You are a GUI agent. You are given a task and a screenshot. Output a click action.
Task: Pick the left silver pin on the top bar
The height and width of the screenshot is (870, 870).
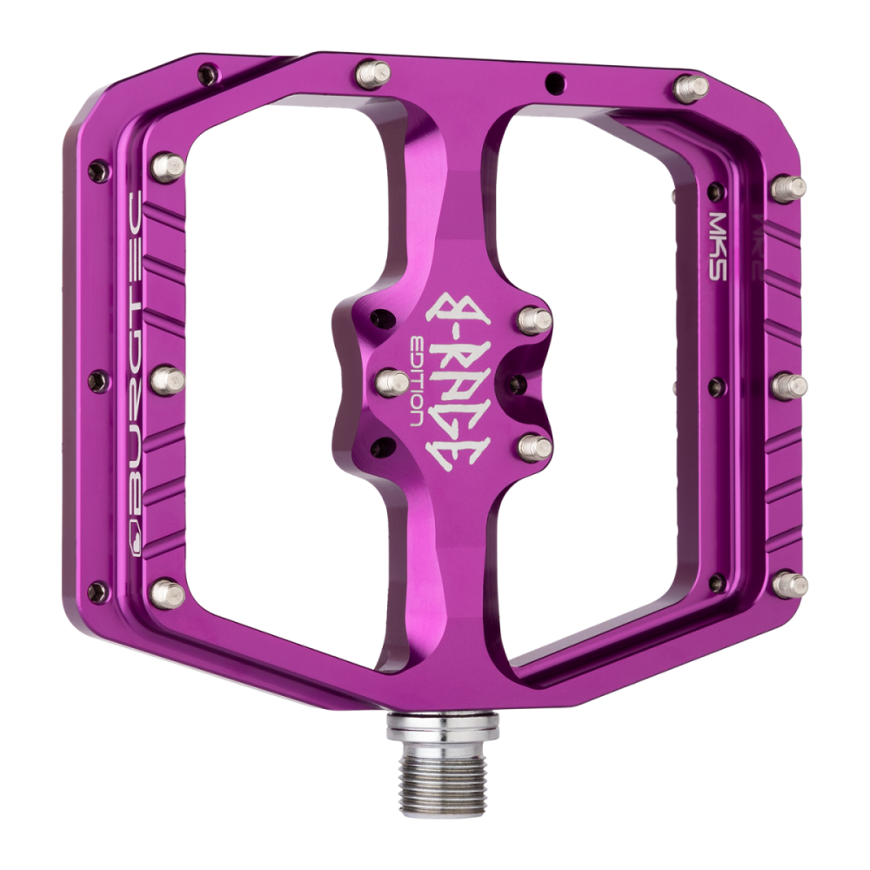(x=366, y=69)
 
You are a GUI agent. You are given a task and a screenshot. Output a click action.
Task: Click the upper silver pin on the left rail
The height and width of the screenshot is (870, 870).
(x=163, y=162)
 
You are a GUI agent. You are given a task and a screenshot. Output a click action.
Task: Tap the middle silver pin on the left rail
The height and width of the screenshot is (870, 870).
(x=166, y=379)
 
